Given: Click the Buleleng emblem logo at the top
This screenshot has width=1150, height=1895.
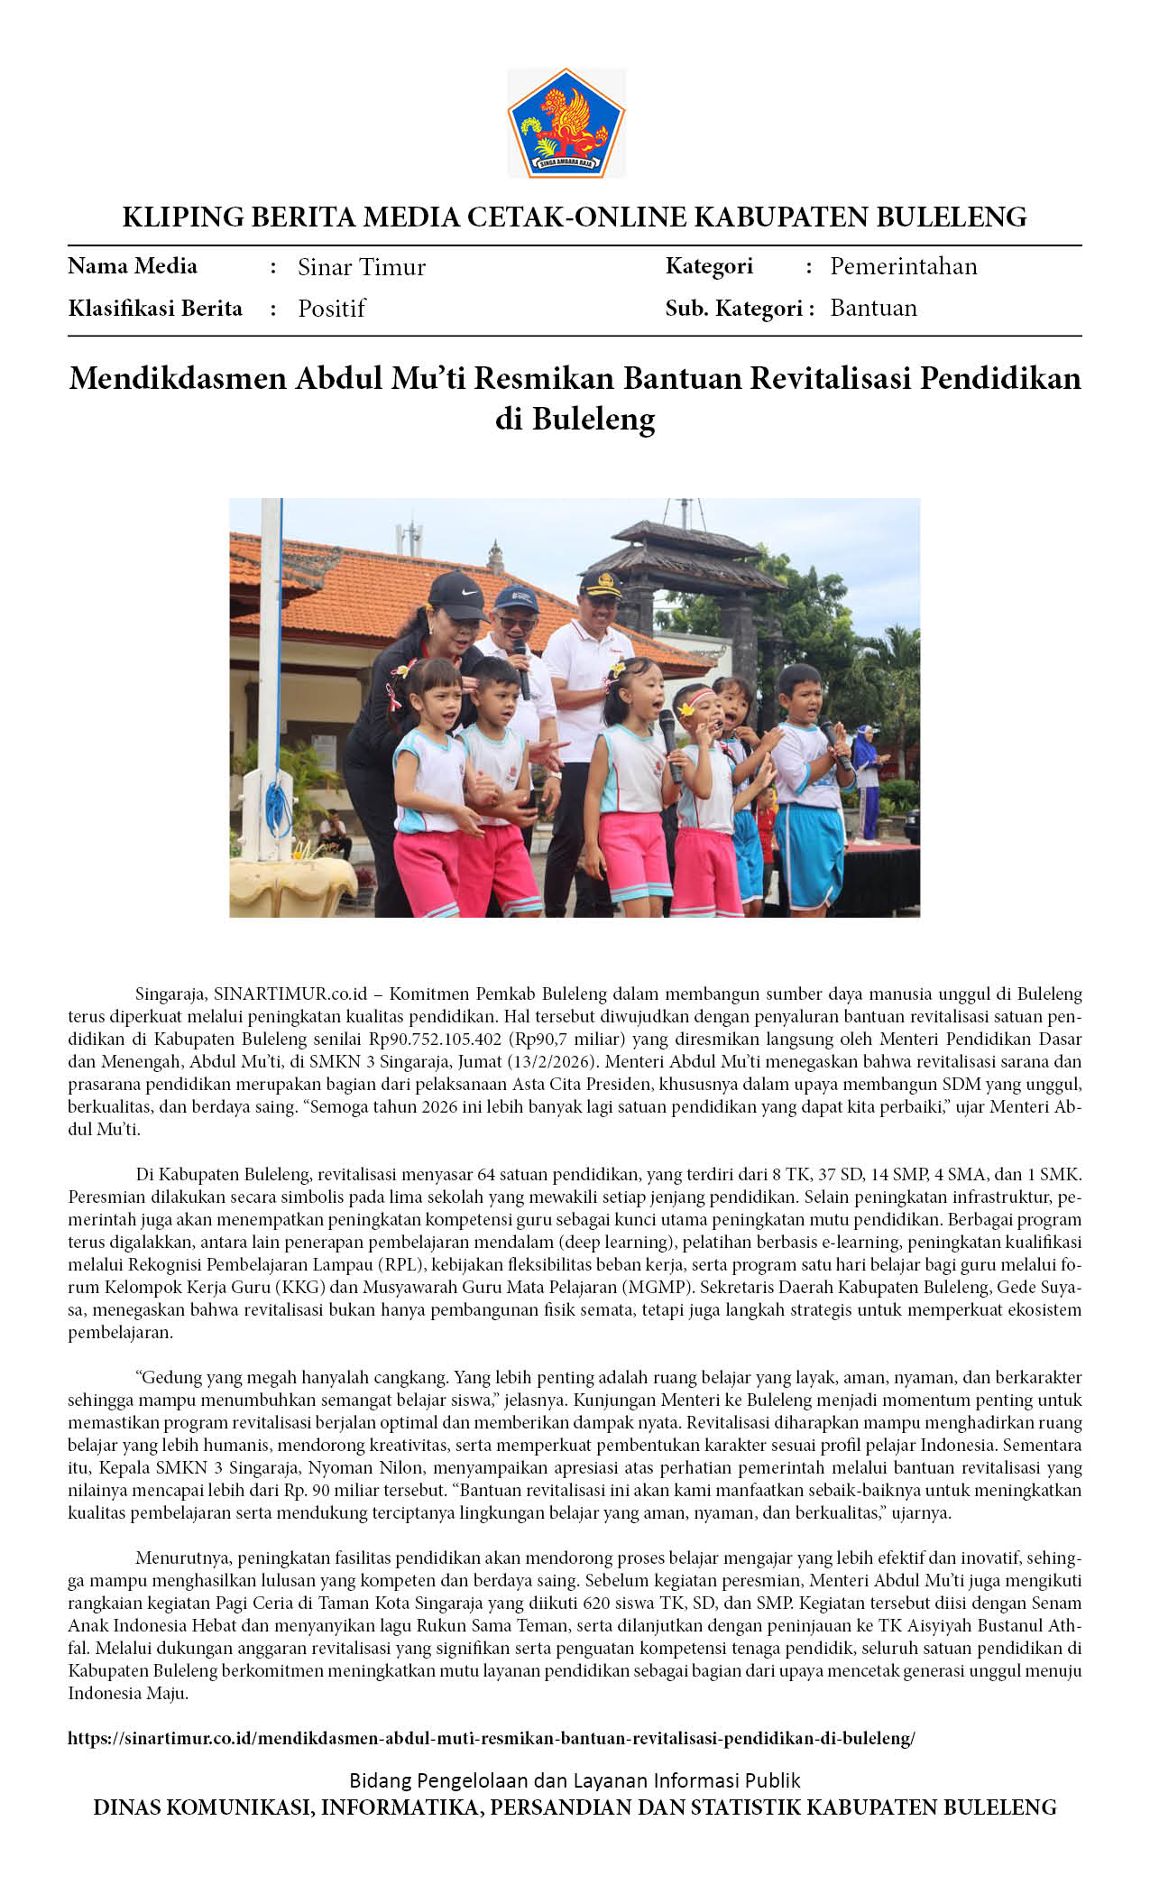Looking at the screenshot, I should click(x=566, y=123).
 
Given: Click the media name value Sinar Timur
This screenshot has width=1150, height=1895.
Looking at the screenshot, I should click(x=361, y=267).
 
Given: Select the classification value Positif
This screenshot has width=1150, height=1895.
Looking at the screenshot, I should click(x=331, y=309).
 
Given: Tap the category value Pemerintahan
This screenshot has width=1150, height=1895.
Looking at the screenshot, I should click(x=903, y=266).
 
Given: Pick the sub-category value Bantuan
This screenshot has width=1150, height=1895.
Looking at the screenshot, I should click(x=873, y=308).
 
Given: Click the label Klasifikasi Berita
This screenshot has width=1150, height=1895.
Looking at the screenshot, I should click(x=155, y=309).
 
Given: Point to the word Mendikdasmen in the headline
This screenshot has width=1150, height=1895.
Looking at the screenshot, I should click(x=179, y=378).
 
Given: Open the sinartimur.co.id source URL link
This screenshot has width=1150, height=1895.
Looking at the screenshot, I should click(x=491, y=1738).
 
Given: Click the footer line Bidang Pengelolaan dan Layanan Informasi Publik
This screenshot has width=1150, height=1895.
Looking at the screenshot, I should click(x=575, y=1780).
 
